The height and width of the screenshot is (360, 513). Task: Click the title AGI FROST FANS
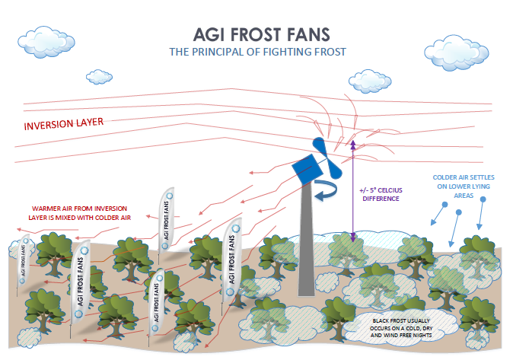point(259,35)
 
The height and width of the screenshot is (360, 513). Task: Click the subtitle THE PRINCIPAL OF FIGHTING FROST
point(257,52)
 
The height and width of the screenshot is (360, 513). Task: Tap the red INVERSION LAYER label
point(63,124)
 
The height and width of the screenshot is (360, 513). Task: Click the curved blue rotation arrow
point(330,193)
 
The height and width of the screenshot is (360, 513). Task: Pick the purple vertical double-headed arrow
point(352,190)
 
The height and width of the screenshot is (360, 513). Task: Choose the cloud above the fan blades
point(368,80)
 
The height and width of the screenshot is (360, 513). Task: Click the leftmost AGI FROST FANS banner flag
point(24,260)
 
